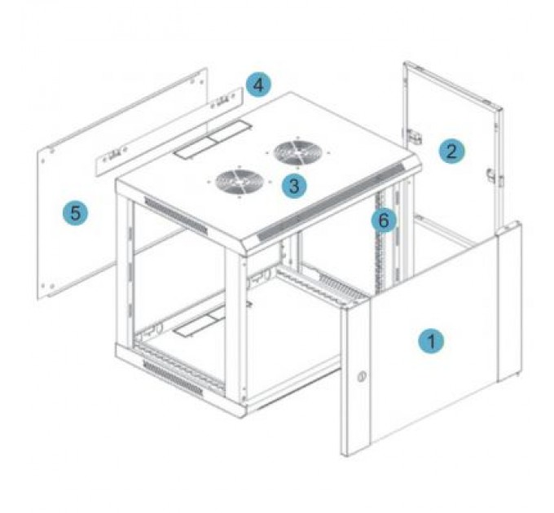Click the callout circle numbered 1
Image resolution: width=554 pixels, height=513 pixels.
[430, 340]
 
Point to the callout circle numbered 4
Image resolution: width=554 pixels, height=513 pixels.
[258, 85]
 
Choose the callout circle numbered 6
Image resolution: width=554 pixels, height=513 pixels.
[384, 220]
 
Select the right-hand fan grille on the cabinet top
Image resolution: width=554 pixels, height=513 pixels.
[297, 152]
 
